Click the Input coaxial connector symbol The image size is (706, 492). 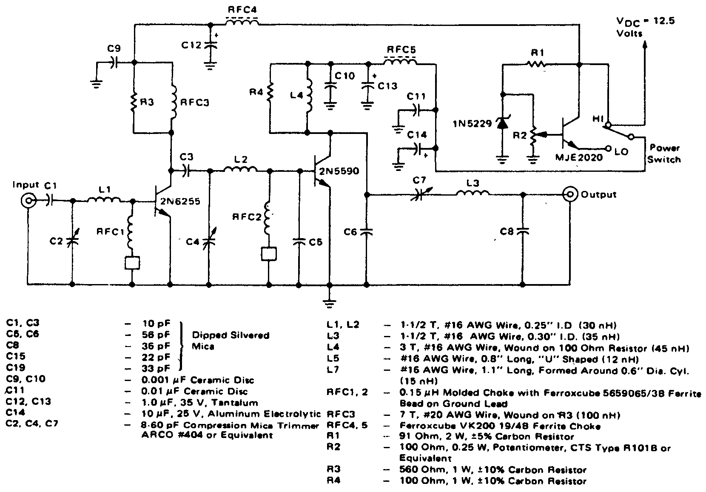tap(28, 200)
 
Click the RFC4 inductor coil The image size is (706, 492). tap(242, 23)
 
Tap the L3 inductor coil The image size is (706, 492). tap(473, 193)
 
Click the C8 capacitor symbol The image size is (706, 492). tap(524, 231)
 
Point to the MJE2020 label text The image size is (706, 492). tap(579, 157)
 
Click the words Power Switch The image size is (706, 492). tap(665, 154)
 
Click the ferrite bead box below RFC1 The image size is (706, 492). tap(132, 262)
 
